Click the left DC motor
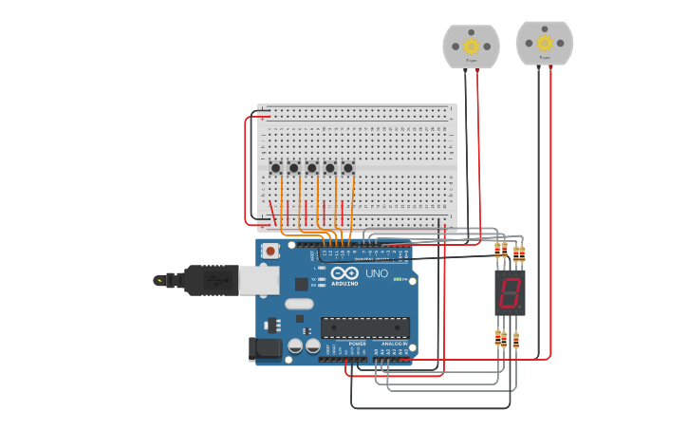(471, 47)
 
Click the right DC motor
(545, 44)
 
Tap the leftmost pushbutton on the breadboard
(275, 168)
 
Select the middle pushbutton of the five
(311, 168)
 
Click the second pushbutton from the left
(293, 168)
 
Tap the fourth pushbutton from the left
(329, 168)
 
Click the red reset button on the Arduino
(270, 252)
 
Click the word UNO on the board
(377, 274)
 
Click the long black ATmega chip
(365, 328)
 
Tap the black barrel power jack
(266, 349)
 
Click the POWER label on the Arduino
(357, 344)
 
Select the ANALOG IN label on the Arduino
(394, 344)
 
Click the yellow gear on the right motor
(545, 42)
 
